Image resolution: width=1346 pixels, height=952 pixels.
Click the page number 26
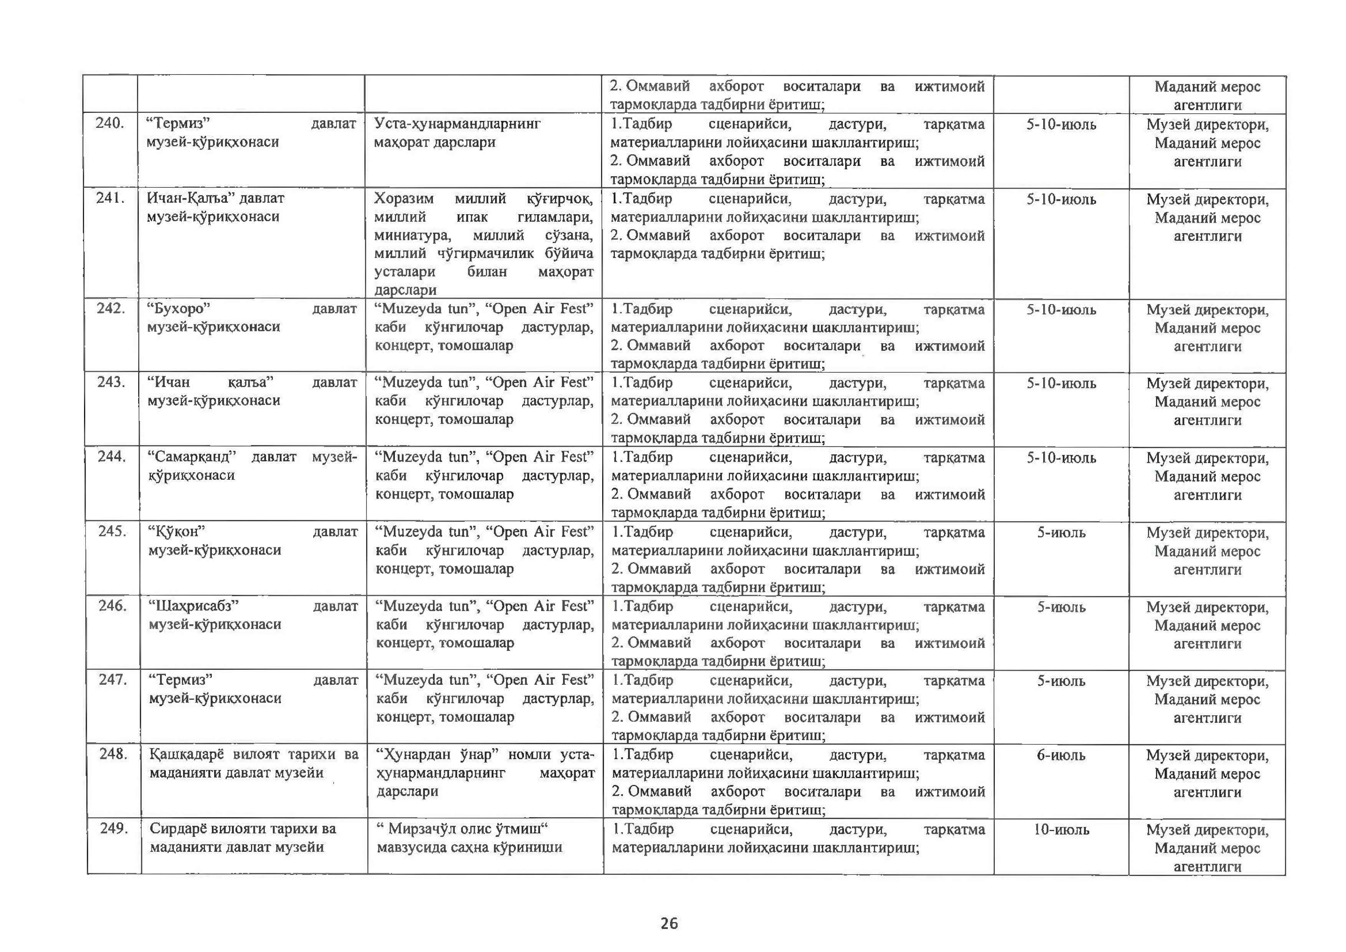[669, 924]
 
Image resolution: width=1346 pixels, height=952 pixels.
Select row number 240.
[110, 124]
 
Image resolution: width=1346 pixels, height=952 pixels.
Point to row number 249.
[114, 828]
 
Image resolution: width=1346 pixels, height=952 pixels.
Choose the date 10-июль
[1061, 830]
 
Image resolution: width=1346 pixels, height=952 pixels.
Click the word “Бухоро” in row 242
[179, 309]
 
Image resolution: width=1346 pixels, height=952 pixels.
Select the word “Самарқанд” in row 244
[192, 457]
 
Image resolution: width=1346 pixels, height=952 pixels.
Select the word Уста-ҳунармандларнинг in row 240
[457, 124]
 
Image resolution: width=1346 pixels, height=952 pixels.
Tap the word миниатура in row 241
[413, 235]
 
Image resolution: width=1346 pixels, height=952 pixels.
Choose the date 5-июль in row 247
[1061, 681]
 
